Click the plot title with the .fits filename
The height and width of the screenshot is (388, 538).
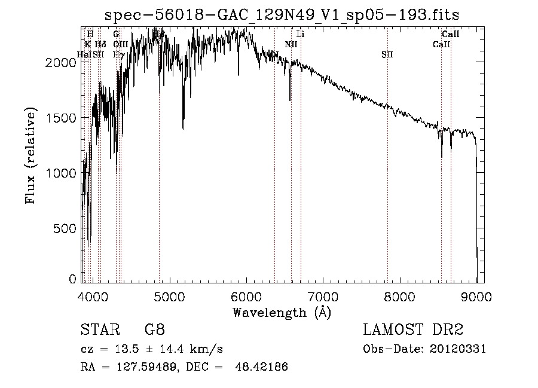click(x=282, y=15)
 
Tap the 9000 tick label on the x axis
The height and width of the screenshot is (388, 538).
click(x=476, y=298)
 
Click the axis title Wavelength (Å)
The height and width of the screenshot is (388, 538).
click(x=282, y=313)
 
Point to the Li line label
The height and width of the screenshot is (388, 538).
click(x=301, y=35)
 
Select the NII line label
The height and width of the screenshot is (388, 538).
click(x=291, y=44)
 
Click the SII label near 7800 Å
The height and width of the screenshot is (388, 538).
click(x=387, y=54)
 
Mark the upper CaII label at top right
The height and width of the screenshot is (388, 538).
click(x=450, y=35)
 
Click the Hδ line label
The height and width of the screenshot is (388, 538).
click(x=100, y=44)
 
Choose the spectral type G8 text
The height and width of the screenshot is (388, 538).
click(x=154, y=330)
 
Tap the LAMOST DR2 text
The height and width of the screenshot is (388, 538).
click(x=413, y=330)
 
